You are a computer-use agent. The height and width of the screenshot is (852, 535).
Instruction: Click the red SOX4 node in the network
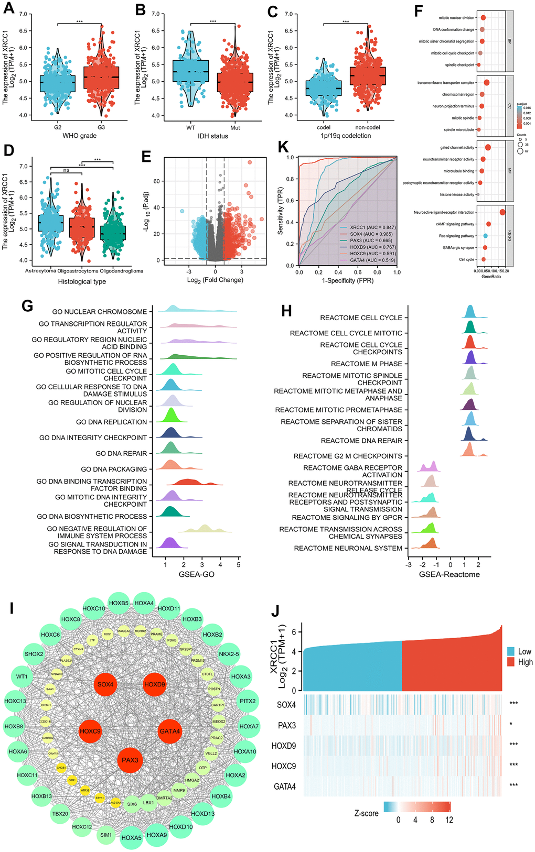coord(105,684)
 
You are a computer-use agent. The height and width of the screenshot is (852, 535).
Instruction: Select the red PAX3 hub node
coord(130,760)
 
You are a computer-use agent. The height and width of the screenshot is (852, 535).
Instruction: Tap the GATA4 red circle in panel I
coord(170,731)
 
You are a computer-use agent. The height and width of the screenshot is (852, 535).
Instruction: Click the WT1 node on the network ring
coord(22,676)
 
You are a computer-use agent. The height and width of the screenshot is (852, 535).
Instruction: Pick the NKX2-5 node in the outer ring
coord(229,654)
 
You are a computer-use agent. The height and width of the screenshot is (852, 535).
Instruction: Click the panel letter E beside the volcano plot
coord(146,156)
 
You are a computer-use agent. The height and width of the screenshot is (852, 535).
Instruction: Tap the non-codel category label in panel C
coord(367,127)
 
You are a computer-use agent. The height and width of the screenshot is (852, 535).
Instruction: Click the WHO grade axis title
coord(80,136)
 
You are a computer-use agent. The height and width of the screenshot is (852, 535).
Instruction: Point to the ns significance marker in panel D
coord(66,170)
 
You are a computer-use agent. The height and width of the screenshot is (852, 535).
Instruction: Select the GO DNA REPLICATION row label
coord(111,422)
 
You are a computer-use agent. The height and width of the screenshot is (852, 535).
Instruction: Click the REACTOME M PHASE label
coord(367,364)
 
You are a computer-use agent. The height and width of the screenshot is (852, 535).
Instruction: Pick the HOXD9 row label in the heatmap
coord(284,746)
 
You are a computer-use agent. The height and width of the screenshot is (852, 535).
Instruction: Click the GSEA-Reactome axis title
coord(450,574)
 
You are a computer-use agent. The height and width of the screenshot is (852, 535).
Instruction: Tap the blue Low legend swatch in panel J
coord(511,651)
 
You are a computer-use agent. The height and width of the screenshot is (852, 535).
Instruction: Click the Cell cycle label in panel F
coord(466,259)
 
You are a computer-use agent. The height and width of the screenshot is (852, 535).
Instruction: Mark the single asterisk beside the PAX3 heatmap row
coord(511,724)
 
